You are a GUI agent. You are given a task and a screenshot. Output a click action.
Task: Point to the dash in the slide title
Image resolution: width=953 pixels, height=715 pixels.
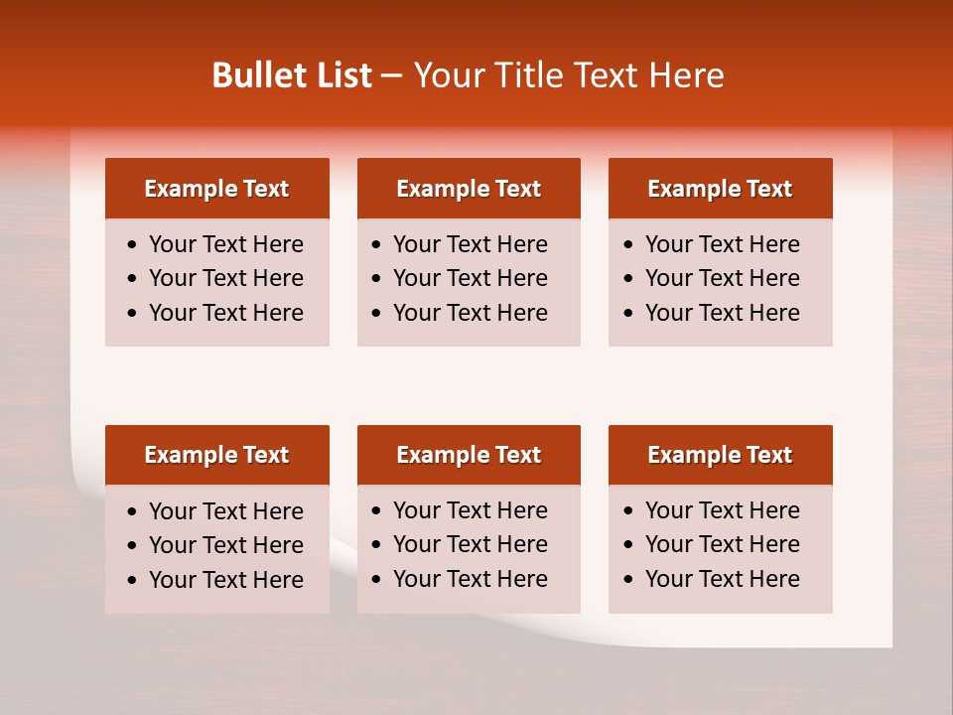[392, 75]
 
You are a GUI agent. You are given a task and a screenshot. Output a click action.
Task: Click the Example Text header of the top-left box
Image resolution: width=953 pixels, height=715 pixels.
[216, 189]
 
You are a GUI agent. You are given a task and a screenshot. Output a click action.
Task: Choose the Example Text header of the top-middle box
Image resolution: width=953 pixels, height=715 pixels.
[469, 189]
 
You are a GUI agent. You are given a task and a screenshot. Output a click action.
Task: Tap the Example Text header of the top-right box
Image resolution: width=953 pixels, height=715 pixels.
[720, 189]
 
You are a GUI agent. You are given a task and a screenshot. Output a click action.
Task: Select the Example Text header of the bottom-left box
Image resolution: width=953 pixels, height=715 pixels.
[216, 455]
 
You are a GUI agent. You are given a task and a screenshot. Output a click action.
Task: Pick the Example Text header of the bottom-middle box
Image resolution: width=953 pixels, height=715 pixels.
[469, 455]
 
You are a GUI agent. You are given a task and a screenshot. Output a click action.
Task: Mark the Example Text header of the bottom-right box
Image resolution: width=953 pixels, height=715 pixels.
[720, 455]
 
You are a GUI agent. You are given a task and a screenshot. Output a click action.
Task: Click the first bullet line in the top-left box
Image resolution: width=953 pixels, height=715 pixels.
[225, 244]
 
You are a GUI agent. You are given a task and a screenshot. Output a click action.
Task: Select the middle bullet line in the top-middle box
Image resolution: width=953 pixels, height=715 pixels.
[470, 278]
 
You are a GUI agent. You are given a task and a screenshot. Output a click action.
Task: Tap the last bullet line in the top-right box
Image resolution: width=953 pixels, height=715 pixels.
[722, 313]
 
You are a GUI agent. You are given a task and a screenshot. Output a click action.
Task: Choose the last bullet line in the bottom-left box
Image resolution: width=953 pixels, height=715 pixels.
[225, 580]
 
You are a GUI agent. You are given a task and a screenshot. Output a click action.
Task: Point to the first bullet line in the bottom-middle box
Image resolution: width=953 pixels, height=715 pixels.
[470, 510]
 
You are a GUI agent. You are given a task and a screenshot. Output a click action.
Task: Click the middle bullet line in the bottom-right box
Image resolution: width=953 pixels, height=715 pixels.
[722, 544]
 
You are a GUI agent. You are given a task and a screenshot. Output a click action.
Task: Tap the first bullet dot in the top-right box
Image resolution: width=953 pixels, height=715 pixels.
[629, 245]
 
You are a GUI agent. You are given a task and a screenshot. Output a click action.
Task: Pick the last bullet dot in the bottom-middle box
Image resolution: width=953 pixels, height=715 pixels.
[377, 580]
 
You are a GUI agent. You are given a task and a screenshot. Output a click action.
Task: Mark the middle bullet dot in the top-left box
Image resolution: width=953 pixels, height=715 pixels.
[133, 279]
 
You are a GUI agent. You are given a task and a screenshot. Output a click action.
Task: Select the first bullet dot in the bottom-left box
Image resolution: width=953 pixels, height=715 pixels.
[133, 512]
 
